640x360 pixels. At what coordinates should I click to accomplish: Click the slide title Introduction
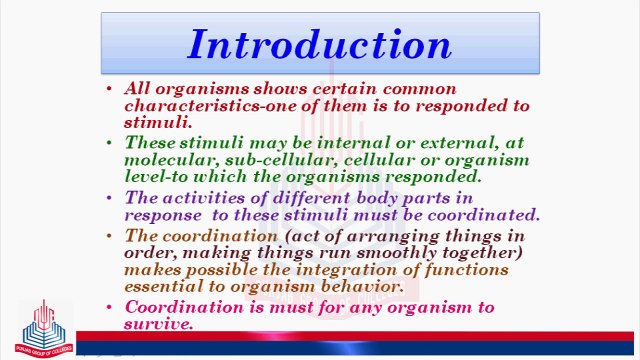(x=319, y=45)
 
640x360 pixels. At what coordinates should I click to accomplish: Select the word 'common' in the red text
(x=419, y=89)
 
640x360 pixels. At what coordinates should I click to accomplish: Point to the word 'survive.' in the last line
(x=159, y=324)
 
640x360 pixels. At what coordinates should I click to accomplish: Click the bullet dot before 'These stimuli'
(x=109, y=142)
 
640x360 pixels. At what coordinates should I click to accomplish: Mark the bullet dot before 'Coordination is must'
(x=109, y=307)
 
